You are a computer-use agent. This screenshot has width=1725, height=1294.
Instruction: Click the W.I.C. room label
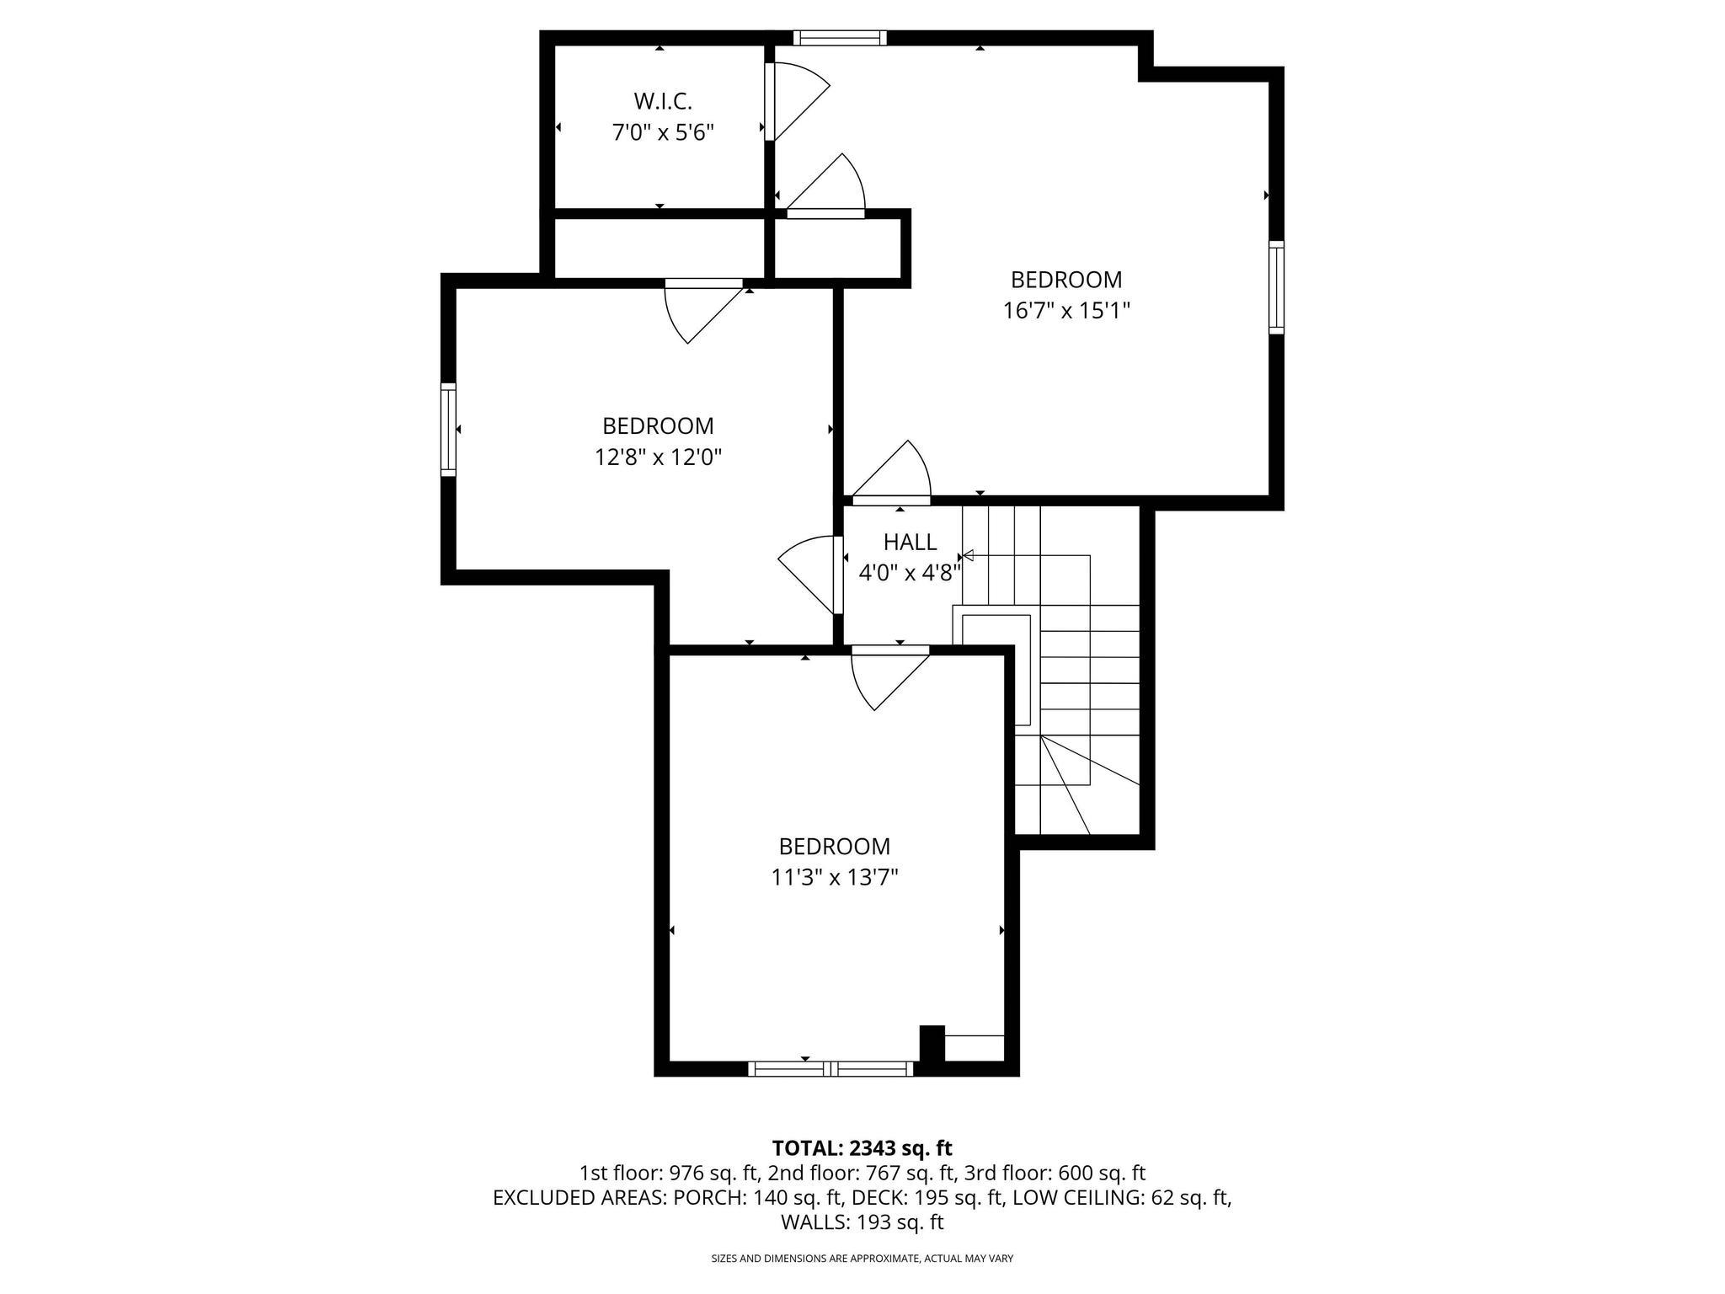663,102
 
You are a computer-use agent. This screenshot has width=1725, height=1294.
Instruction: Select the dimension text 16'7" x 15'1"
1065,311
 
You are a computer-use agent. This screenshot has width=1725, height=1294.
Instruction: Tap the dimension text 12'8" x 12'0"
658,457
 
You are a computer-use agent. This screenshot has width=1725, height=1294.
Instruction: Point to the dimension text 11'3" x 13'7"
834,878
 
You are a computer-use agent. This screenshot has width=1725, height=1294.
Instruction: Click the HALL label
910,542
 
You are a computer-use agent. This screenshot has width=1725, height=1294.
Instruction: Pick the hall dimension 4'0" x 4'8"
910,574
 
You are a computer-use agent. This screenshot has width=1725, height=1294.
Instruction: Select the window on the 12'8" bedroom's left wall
449,429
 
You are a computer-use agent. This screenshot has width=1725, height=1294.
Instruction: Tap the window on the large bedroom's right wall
1276,287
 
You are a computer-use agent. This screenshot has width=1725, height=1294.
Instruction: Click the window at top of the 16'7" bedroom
840,38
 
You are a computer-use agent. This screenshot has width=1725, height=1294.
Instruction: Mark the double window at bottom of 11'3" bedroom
830,1068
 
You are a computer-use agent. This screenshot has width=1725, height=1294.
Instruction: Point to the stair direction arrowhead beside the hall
968,555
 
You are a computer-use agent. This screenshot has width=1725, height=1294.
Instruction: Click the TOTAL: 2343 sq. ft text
862,1147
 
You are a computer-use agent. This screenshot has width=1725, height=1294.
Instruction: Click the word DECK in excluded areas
874,1197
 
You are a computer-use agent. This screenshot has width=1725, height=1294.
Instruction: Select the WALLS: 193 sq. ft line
862,1222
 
